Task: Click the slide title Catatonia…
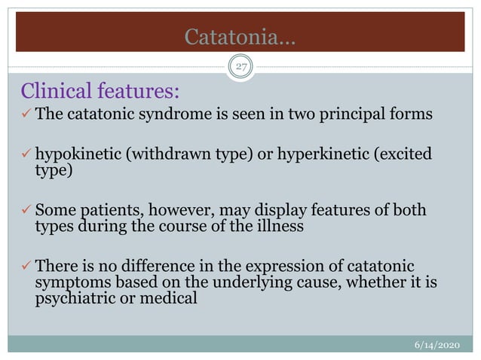[x=240, y=36]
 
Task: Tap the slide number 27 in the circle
[x=240, y=66]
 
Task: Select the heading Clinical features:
[x=100, y=93]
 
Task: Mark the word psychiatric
[x=72, y=297]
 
